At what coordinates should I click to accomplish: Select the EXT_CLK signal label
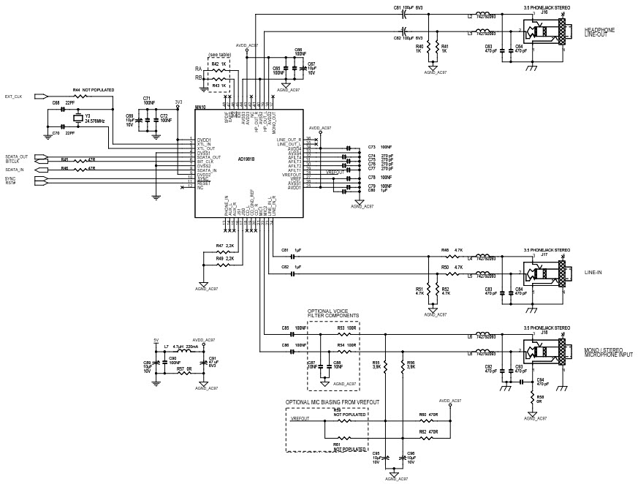(14, 96)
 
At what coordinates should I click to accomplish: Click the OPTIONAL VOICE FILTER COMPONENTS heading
(333, 313)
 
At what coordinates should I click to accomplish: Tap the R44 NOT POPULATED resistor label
(94, 89)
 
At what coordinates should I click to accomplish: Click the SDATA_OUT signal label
(16, 156)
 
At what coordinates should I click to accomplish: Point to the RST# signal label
(10, 183)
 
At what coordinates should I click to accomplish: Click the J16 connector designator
(543, 12)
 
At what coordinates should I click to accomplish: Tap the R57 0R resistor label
(183, 369)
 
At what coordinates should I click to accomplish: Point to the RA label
(199, 68)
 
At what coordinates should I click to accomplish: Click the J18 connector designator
(543, 330)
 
